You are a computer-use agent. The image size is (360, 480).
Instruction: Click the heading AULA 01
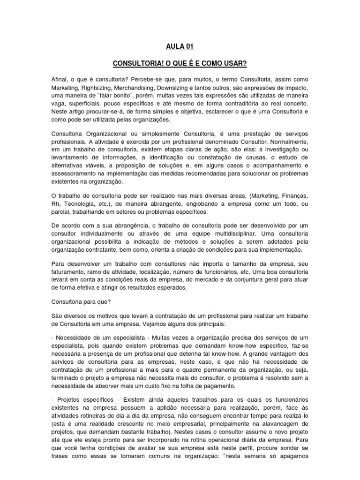click(180, 46)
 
